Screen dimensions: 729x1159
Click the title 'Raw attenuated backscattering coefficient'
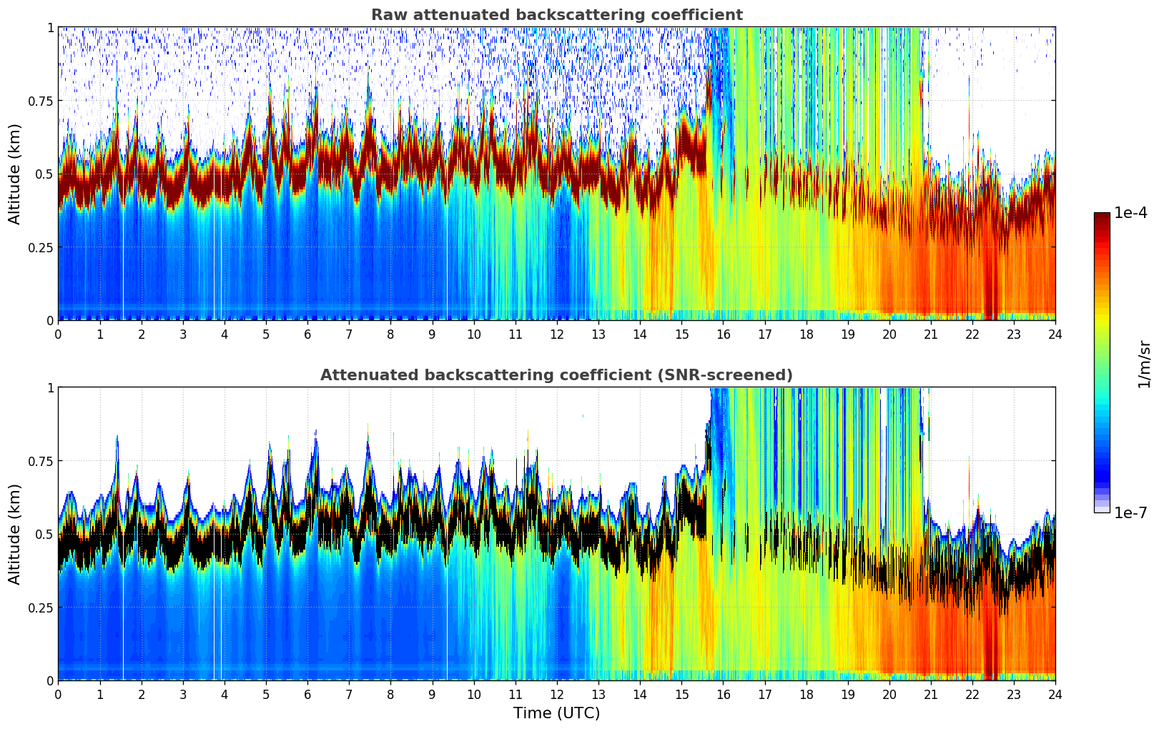click(x=556, y=15)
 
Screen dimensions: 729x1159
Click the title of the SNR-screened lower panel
click(x=556, y=375)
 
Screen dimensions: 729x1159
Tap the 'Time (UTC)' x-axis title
click(x=556, y=713)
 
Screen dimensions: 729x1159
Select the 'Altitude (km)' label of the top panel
click(x=15, y=174)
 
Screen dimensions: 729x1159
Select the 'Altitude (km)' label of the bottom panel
click(x=15, y=534)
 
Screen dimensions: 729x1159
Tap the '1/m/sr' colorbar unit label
click(x=1143, y=364)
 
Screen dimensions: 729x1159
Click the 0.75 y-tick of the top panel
click(x=40, y=101)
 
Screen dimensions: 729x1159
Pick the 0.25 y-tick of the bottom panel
click(x=40, y=607)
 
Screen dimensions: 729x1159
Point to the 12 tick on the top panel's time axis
click(x=556, y=334)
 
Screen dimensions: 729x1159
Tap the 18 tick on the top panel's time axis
click(x=806, y=334)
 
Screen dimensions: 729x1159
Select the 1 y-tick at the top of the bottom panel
click(x=50, y=387)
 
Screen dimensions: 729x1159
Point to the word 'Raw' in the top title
click(x=387, y=15)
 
